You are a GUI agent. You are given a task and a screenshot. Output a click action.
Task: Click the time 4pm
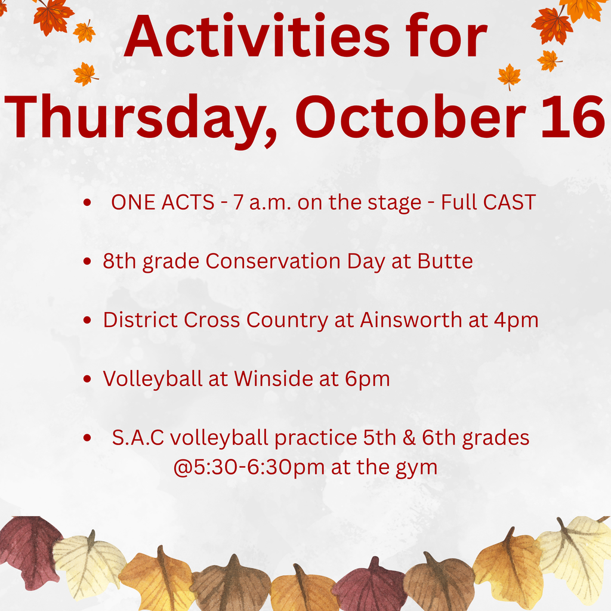[x=516, y=320]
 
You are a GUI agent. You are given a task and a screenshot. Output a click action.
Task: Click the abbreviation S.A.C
[x=138, y=437]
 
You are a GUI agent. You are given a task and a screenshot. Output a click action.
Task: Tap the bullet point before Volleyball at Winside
[x=88, y=379]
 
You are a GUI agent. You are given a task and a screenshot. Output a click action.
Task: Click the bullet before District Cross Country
[x=88, y=321]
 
